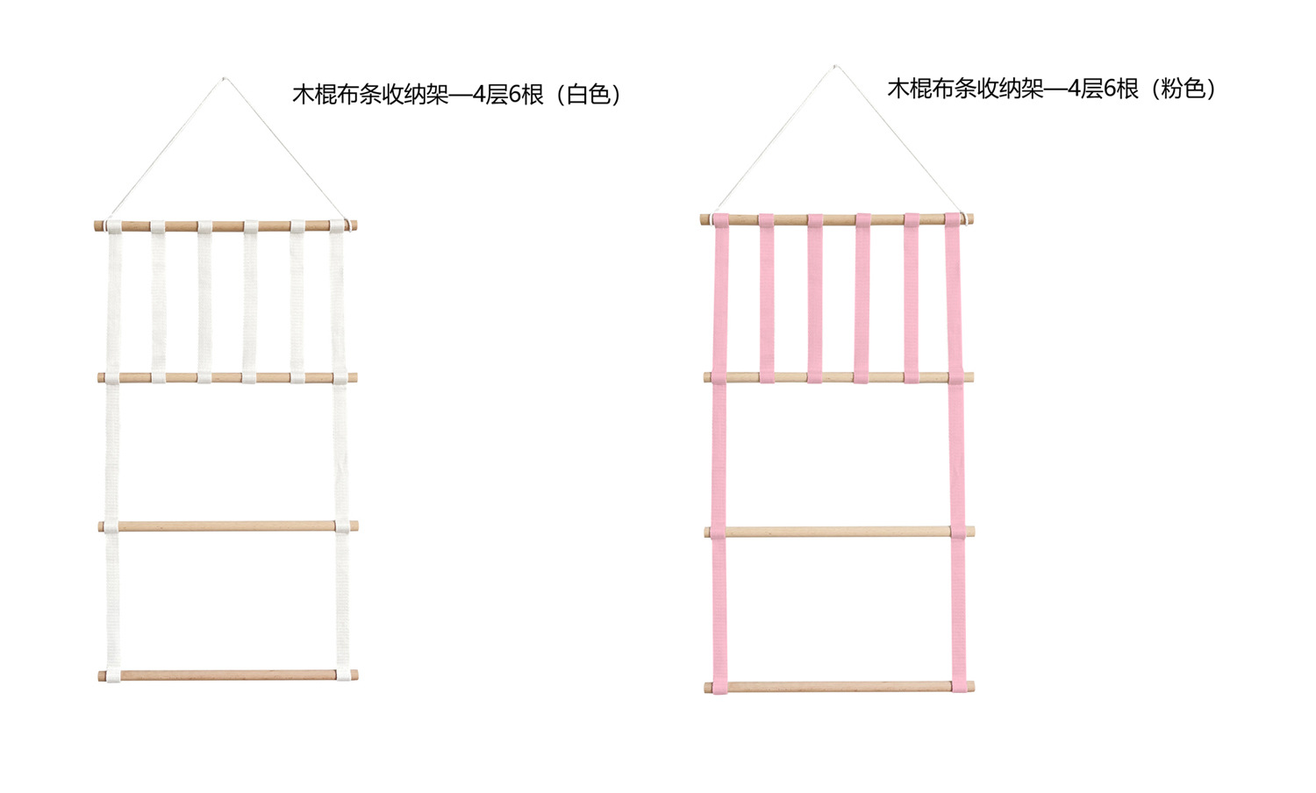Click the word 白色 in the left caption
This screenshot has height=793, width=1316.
(589, 95)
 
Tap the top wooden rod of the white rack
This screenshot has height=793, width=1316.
(226, 226)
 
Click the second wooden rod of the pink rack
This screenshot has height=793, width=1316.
(838, 377)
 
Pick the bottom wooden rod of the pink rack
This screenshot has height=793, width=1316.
(839, 687)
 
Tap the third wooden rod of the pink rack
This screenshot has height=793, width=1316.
(839, 532)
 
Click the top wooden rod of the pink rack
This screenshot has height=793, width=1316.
(838, 219)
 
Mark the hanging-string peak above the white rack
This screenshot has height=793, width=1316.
(223, 78)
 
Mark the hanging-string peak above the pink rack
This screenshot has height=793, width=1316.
(834, 66)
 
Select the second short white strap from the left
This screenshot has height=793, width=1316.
(158, 302)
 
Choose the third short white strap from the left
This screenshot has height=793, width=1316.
(204, 302)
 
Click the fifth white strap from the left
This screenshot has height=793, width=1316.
(297, 302)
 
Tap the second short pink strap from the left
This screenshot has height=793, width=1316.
(767, 298)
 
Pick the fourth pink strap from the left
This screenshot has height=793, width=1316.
(862, 298)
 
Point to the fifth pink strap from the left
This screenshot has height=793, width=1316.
(912, 298)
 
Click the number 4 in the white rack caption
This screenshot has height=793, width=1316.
(479, 95)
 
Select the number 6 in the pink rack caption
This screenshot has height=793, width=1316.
(1109, 89)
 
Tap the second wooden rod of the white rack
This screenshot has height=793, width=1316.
(226, 378)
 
